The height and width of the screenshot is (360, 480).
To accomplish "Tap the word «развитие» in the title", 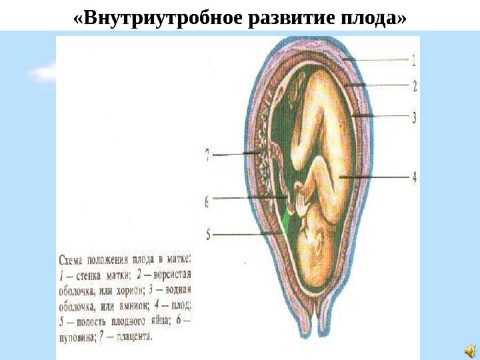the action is pyautogui.click(x=280, y=16).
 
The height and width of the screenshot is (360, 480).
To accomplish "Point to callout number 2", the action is pyautogui.click(x=413, y=85).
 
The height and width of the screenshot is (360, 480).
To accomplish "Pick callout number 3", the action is pyautogui.click(x=413, y=118).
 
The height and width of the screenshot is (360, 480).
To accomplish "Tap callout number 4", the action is pyautogui.click(x=413, y=177).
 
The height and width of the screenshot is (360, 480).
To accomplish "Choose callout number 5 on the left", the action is pyautogui.click(x=208, y=234).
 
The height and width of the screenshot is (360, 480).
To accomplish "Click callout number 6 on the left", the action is pyautogui.click(x=208, y=199).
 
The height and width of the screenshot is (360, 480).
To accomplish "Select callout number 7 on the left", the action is pyautogui.click(x=208, y=156).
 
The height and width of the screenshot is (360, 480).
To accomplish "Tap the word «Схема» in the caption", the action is pyautogui.click(x=73, y=258).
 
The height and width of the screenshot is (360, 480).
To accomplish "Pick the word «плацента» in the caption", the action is pyautogui.click(x=130, y=337).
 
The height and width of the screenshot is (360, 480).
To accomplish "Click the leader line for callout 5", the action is pyautogui.click(x=247, y=234).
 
